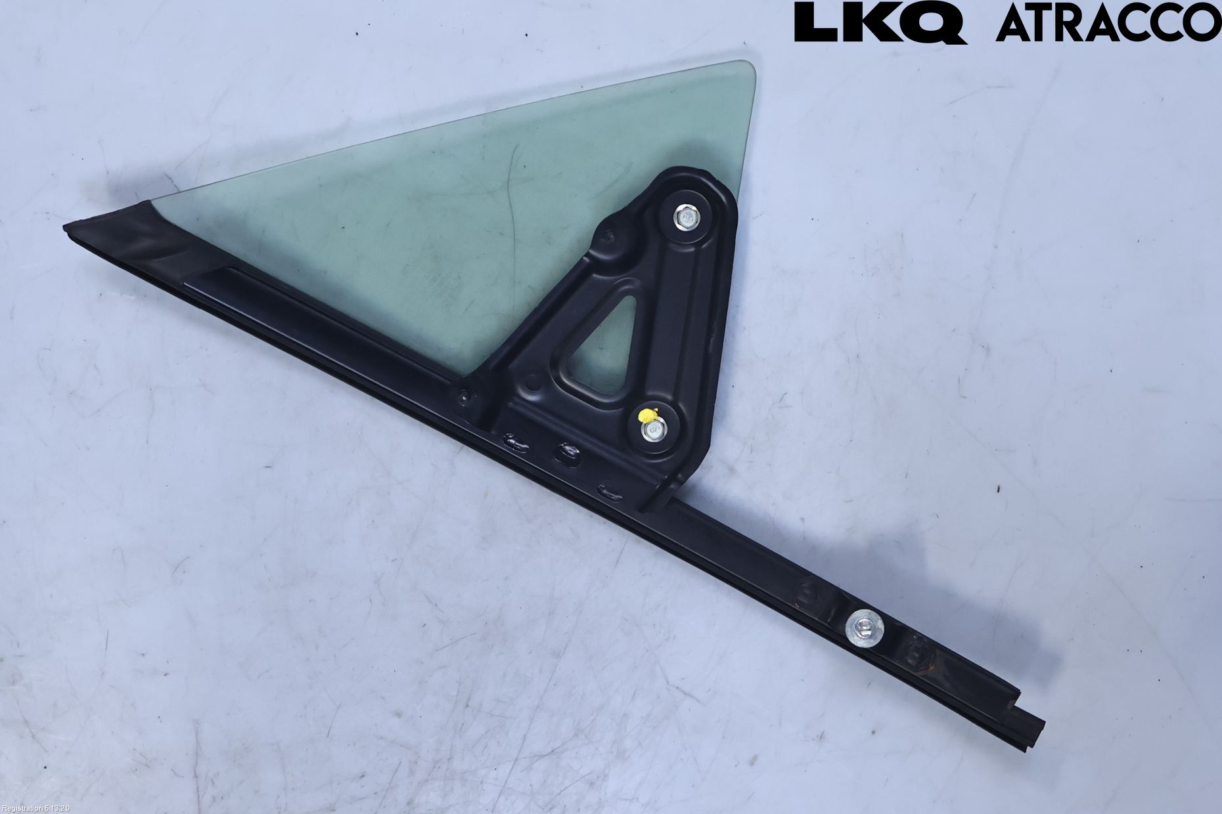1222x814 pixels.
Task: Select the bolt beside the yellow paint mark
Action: pyautogui.click(x=655, y=430)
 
